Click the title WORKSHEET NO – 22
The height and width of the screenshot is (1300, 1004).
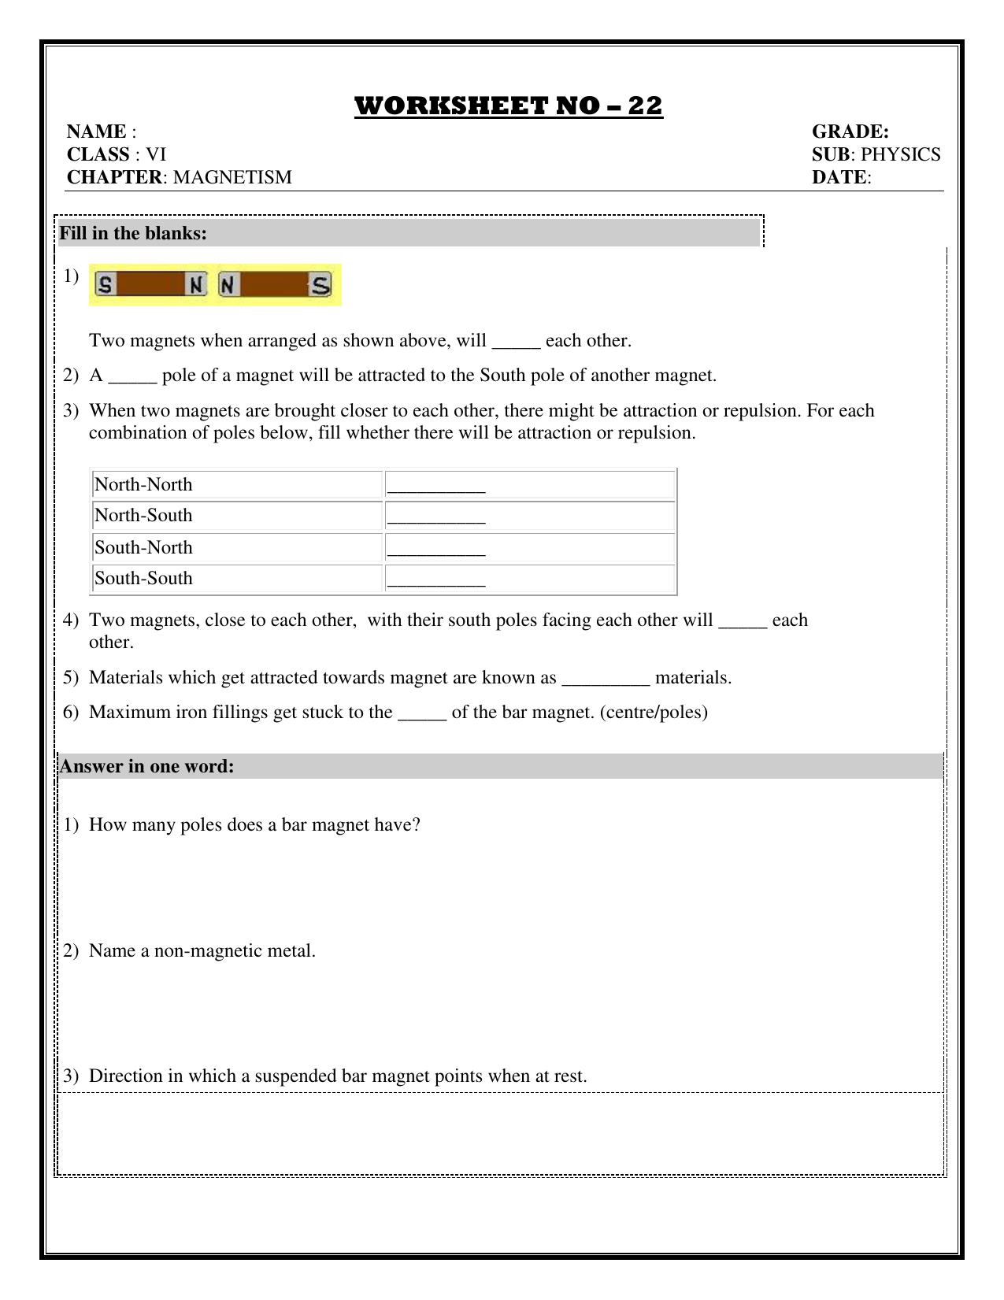click(x=509, y=106)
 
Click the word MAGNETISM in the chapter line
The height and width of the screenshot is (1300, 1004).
click(x=232, y=177)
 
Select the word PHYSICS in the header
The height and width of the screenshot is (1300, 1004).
click(x=901, y=154)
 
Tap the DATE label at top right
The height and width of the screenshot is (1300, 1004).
click(x=839, y=177)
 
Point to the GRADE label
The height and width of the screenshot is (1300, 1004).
click(x=850, y=131)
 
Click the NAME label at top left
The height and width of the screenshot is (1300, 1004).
click(x=97, y=131)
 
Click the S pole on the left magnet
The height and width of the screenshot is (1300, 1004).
click(x=105, y=285)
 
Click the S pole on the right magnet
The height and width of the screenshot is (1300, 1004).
click(x=320, y=285)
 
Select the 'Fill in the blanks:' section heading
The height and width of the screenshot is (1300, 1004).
click(x=133, y=233)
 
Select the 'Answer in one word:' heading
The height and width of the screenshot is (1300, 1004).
click(x=146, y=766)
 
